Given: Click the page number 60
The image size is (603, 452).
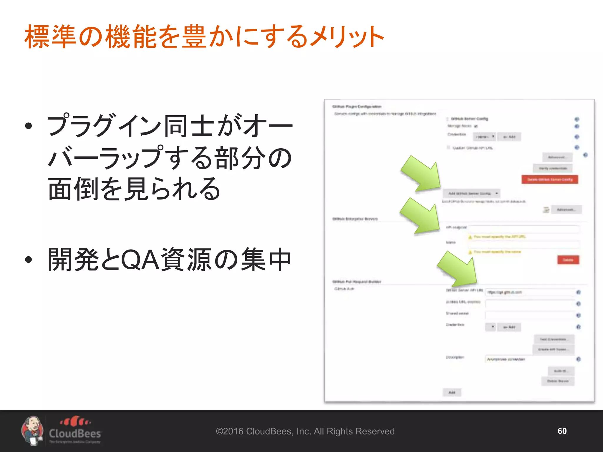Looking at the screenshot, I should [x=562, y=431].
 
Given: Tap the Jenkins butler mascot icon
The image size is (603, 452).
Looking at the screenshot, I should [x=32, y=431].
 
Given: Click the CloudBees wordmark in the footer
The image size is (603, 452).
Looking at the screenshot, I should [x=75, y=433].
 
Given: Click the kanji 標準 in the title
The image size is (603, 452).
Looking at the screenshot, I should [x=50, y=36].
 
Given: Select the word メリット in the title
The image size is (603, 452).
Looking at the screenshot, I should [x=347, y=36].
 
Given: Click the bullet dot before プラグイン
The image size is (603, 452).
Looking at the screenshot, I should [x=29, y=126].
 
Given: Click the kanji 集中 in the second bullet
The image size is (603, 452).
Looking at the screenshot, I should [x=266, y=260].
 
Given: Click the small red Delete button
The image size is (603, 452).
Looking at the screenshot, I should [x=568, y=260].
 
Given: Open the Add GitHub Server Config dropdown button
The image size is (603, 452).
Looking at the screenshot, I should [x=471, y=193].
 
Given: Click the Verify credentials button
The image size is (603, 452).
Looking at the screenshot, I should [x=553, y=168].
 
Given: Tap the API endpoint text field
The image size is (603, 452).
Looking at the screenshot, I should [x=524, y=229].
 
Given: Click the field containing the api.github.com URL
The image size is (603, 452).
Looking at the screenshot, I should [x=530, y=292].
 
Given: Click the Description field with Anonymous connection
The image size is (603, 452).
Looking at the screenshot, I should [x=530, y=359].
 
